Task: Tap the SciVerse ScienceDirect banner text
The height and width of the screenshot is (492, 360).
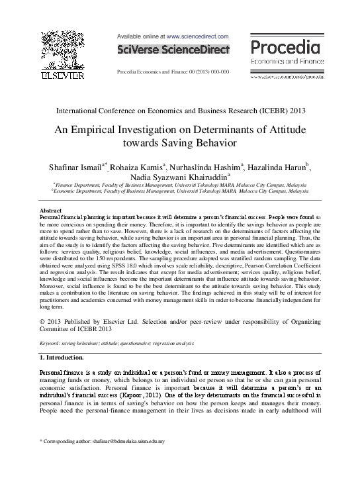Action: point(173,50)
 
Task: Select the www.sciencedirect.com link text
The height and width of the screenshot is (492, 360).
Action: point(197,36)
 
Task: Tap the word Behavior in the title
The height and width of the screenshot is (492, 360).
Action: point(216,143)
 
